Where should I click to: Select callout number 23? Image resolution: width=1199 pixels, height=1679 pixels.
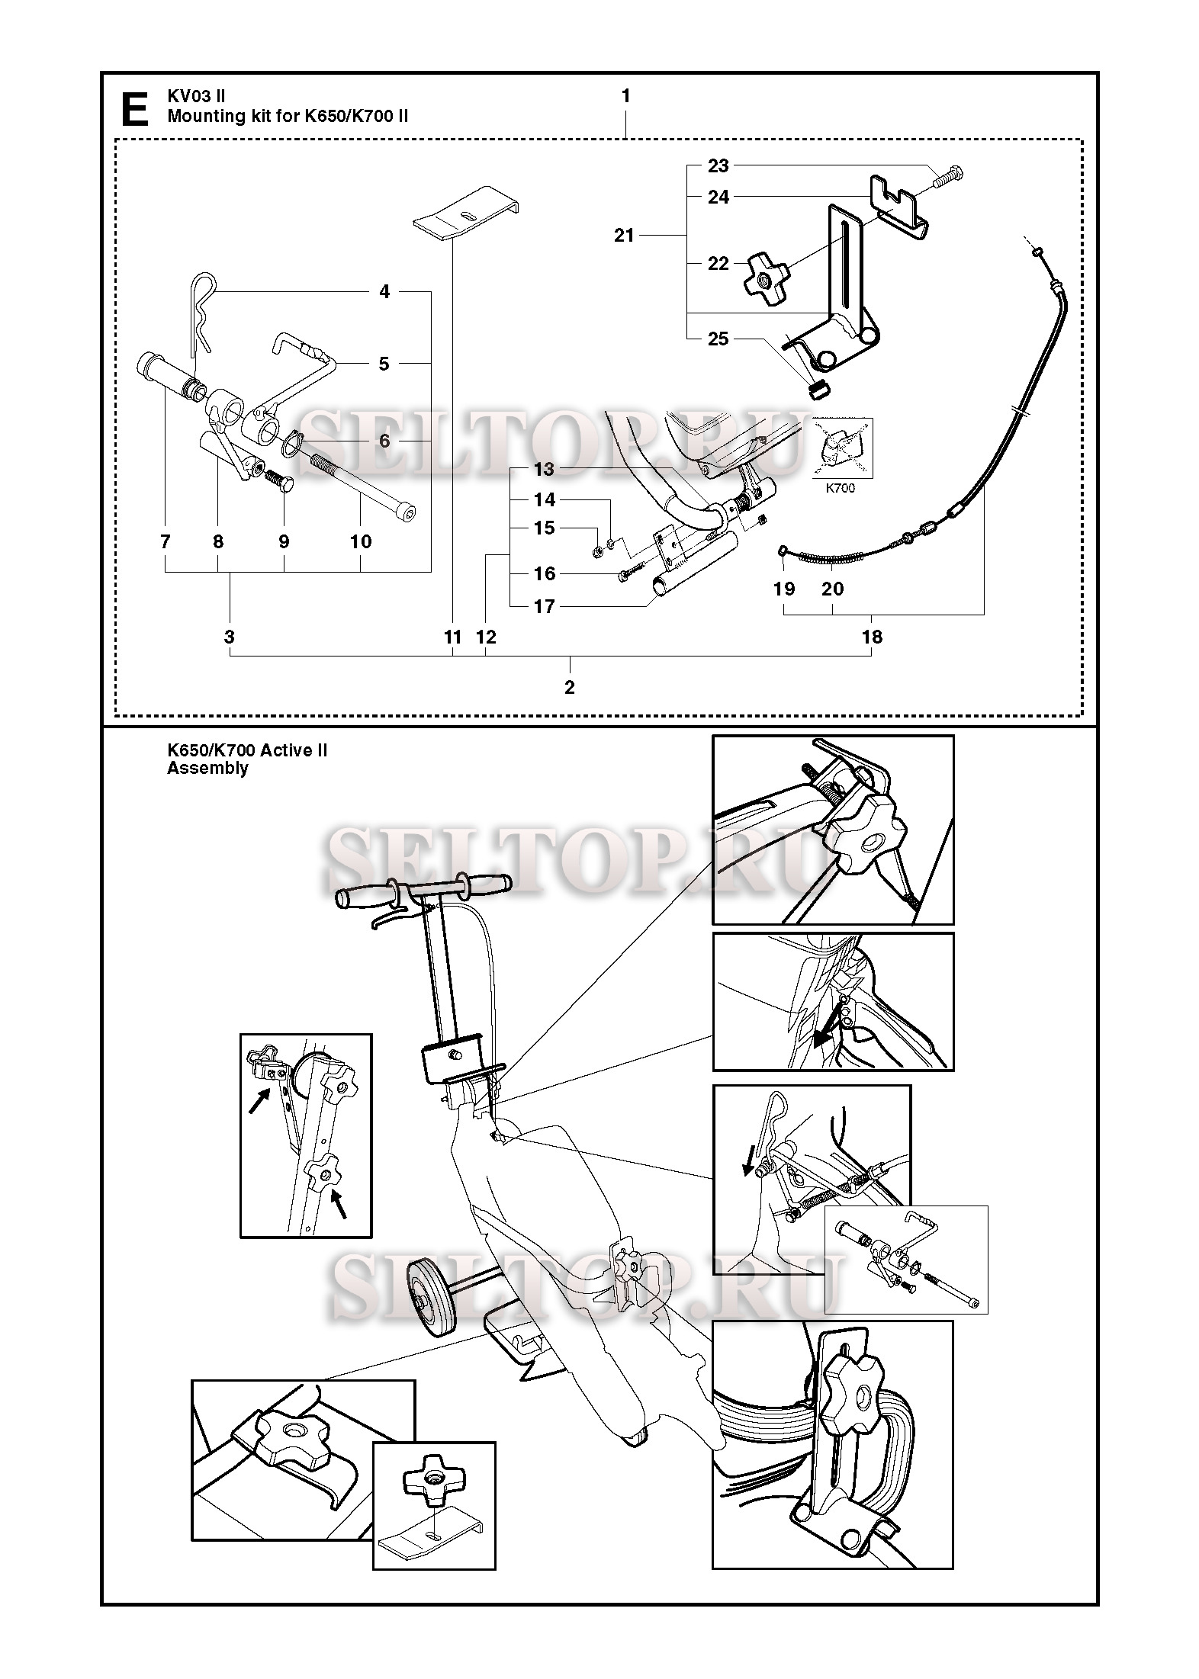718,165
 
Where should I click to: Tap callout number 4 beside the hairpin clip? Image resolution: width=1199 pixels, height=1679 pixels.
384,291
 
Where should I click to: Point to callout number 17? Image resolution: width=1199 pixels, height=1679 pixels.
544,607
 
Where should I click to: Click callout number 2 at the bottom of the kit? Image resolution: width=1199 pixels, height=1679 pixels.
569,687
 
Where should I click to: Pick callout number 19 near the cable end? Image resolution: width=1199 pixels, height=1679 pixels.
783,589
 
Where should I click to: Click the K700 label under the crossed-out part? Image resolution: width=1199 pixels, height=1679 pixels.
841,488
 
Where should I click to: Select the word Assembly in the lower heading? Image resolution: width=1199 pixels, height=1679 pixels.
207,769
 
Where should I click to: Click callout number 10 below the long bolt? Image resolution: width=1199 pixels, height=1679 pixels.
360,541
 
